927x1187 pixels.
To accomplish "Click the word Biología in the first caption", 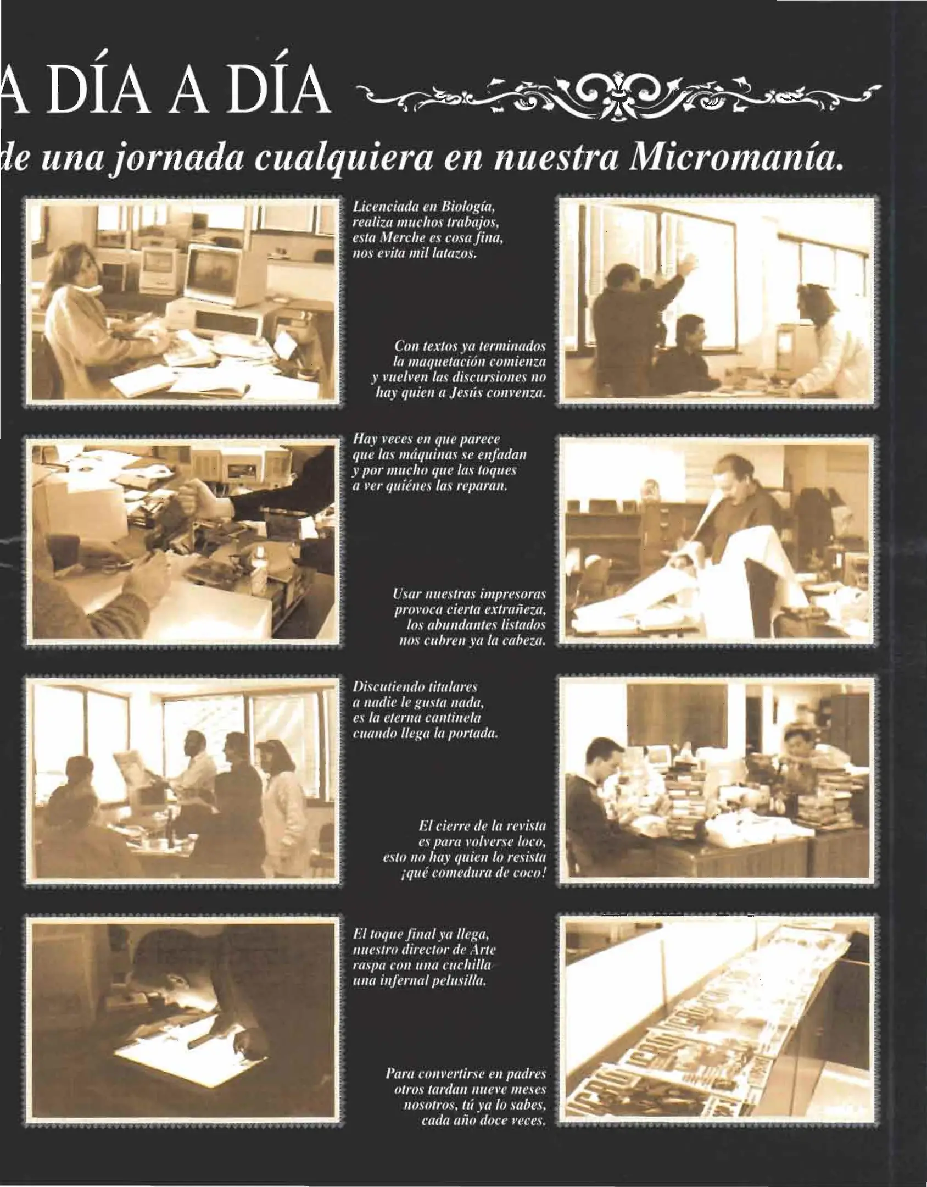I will tap(469, 208).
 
